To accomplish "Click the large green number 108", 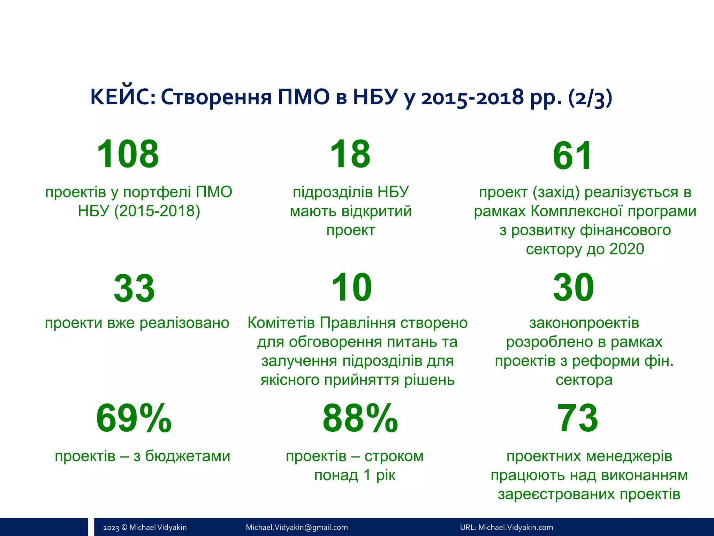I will coord(128,154).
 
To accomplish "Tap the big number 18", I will coord(350,154).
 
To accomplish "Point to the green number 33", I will coord(134,289).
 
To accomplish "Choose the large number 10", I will coord(351,288).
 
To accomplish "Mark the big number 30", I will coord(574,288).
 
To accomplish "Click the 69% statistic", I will coord(134,418).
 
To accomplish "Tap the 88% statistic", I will coord(360,418).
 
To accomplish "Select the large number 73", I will coord(577,418).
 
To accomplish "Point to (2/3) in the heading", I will coord(590,98).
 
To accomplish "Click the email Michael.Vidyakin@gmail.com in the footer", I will coord(297,527).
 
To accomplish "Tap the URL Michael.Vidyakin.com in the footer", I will coord(516,527).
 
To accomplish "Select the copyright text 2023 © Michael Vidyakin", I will coord(145,527).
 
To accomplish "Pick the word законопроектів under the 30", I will coord(584,323).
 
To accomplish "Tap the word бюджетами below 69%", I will coord(188,456).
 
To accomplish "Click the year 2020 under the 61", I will coord(626,249).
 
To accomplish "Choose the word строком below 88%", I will coord(394,456).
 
